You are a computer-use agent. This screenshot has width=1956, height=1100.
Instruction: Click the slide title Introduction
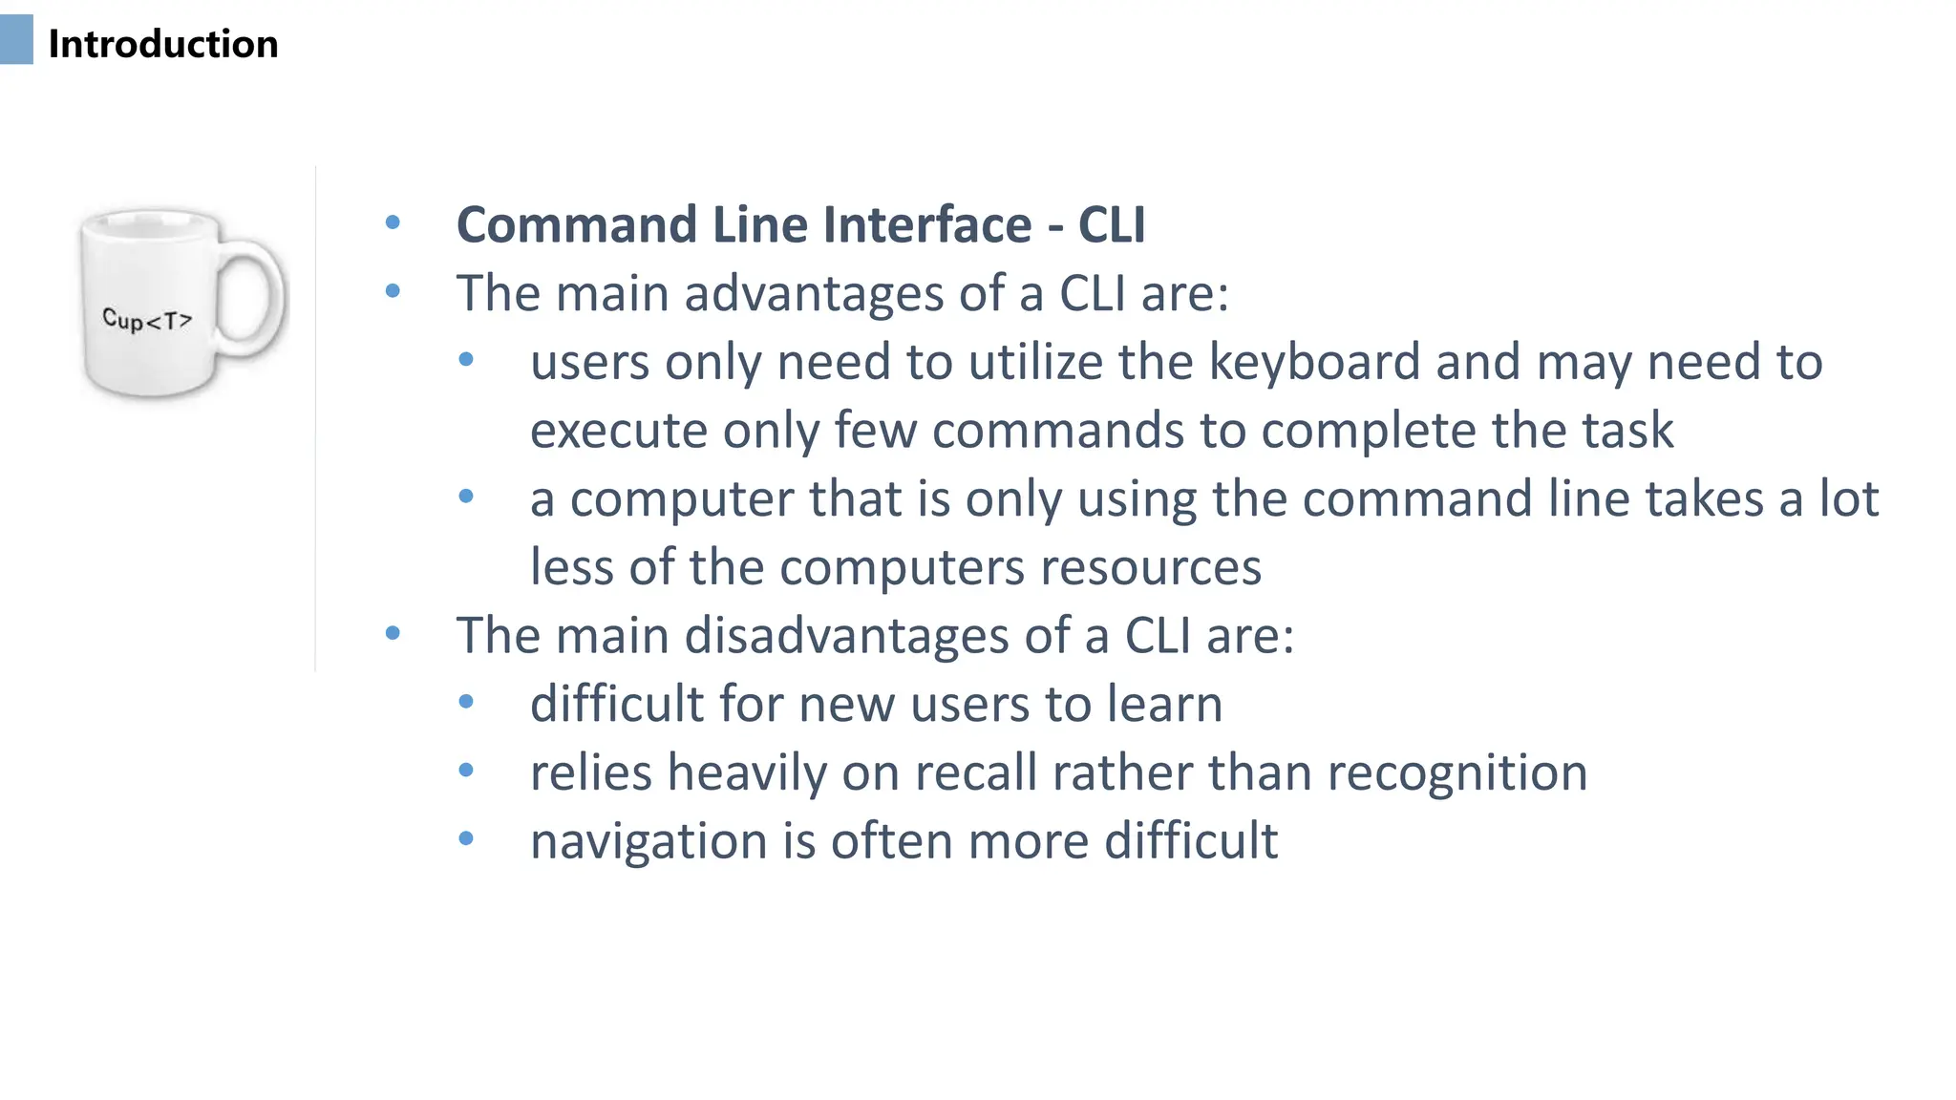tap(162, 44)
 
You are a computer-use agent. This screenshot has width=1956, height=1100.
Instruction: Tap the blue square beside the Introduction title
tap(16, 40)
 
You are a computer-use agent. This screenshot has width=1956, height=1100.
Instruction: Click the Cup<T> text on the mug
tap(147, 320)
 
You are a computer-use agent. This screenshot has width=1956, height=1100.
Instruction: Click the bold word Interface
tap(927, 225)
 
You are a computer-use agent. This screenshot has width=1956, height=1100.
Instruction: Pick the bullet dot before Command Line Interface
tap(393, 223)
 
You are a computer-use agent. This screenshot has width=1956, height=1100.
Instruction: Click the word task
tap(1629, 431)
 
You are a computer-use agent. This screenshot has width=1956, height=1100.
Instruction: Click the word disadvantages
tap(847, 636)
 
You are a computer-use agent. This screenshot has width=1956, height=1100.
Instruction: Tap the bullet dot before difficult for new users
tap(466, 703)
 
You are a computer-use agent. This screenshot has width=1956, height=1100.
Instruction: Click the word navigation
tap(648, 842)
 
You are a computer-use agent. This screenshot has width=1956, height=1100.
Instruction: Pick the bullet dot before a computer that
tap(466, 497)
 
